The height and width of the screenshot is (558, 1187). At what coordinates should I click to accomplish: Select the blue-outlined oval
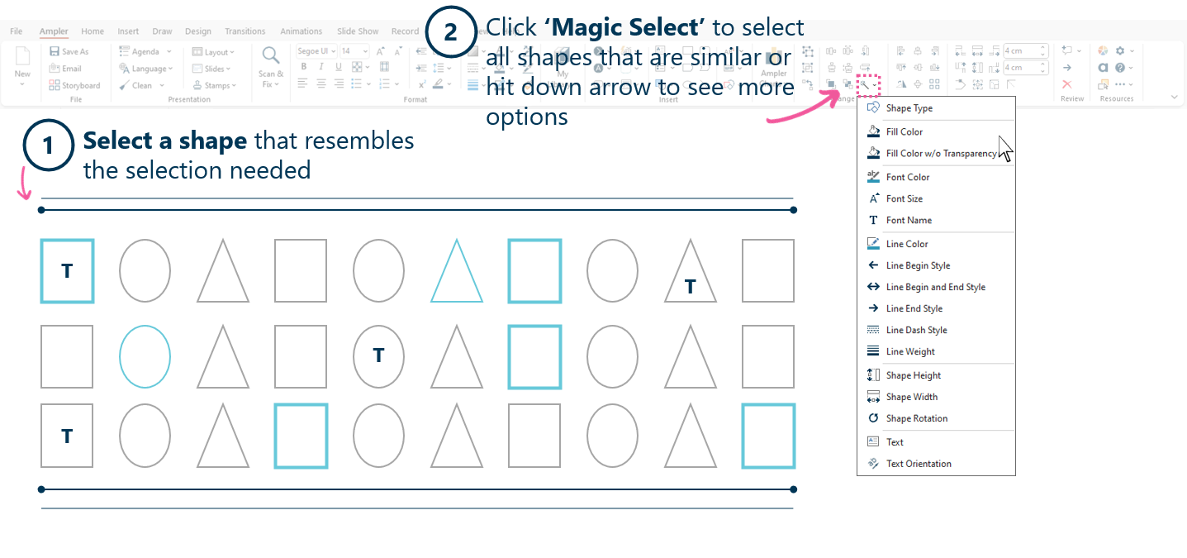point(145,356)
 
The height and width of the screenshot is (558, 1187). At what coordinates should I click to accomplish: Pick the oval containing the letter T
point(378,356)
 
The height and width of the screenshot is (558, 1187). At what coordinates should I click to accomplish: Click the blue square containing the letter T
point(67,271)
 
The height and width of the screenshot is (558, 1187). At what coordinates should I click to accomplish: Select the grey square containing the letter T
point(67,436)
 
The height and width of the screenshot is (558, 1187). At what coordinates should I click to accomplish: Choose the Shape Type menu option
point(909,108)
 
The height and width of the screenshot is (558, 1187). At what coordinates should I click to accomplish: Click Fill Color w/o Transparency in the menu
point(940,153)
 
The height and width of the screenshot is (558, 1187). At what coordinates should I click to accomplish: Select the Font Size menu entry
point(904,198)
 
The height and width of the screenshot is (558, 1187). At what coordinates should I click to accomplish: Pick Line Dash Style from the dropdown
point(916,330)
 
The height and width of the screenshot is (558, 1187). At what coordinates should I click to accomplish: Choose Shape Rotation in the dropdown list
point(916,418)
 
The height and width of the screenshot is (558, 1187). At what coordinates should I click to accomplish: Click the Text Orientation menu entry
point(918,464)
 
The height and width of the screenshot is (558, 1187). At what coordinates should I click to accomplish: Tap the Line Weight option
point(910,351)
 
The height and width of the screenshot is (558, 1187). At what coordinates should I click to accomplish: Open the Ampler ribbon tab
point(54,31)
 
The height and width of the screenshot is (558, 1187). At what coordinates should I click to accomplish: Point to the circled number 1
point(48,146)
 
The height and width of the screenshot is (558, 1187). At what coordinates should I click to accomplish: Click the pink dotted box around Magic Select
point(868,84)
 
